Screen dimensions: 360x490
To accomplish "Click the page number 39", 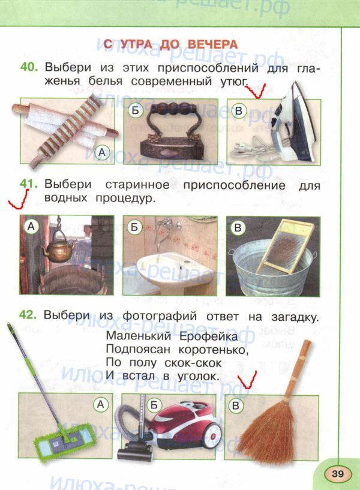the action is pos(337,473).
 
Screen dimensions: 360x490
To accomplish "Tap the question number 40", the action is pos(29,67).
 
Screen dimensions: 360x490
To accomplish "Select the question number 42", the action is pos(28,315).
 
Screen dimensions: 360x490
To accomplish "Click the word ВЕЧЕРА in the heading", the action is pos(212,44).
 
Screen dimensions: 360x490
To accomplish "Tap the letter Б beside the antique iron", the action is pos(136,110).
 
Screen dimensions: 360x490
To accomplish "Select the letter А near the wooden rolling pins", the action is pos(102,152).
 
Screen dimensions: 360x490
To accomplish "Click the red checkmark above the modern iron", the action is pos(256,91).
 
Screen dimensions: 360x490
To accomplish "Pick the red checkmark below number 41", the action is pos(19,199).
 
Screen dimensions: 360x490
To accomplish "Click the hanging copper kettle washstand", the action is pos(58,247).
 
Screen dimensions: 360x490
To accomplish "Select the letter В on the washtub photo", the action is pos(238,227).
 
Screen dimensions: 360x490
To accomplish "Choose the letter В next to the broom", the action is pos(236,405).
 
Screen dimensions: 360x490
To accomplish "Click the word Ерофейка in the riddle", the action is pos(209,337).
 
